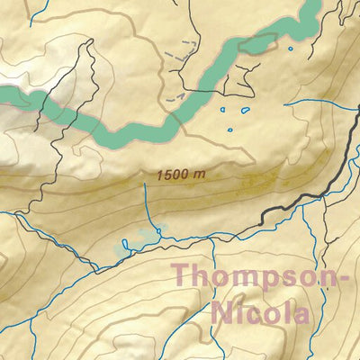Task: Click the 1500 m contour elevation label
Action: [175, 175]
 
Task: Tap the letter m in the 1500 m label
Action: [192, 175]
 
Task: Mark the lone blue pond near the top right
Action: [290, 49]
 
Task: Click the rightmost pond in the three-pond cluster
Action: [247, 111]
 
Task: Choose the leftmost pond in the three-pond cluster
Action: [220, 111]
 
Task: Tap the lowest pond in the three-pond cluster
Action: [230, 132]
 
